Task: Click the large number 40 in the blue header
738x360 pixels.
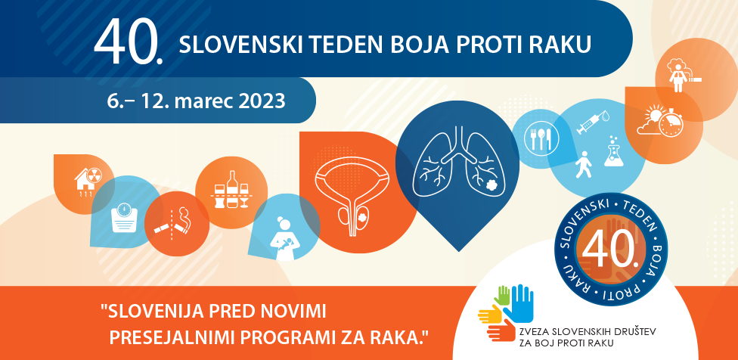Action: (x=129, y=43)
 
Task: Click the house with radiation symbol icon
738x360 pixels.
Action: (x=88, y=179)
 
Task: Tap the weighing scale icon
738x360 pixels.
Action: (x=124, y=217)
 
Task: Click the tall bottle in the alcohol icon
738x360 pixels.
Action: (x=231, y=189)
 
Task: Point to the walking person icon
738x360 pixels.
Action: (x=583, y=164)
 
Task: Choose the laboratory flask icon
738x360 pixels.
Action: (x=614, y=151)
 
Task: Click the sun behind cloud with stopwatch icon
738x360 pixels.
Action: (x=659, y=121)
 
